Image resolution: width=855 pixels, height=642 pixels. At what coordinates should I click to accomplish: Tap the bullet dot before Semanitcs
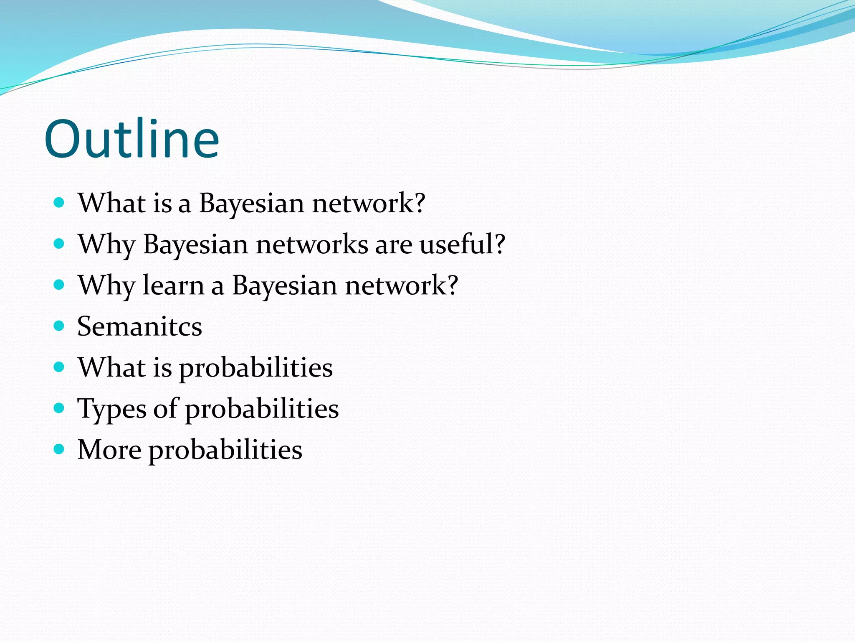click(x=59, y=326)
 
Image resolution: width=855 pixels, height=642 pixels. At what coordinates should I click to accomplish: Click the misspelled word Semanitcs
click(x=139, y=326)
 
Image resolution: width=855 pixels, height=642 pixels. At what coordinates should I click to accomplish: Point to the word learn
click(x=173, y=285)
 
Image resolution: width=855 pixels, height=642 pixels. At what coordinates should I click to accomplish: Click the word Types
click(x=112, y=409)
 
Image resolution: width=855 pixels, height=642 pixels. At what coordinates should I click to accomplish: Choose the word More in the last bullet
click(x=109, y=450)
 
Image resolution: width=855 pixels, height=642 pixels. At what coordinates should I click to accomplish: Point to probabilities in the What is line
click(x=256, y=368)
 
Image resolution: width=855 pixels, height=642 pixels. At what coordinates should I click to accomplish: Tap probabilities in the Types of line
click(x=262, y=409)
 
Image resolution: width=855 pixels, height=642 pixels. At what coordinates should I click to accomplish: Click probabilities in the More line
click(x=225, y=451)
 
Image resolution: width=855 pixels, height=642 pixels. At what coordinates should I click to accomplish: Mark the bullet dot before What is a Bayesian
click(x=59, y=203)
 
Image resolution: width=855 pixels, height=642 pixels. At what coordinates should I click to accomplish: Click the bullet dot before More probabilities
click(x=59, y=449)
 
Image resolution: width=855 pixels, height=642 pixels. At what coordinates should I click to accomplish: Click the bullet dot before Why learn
click(x=59, y=285)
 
